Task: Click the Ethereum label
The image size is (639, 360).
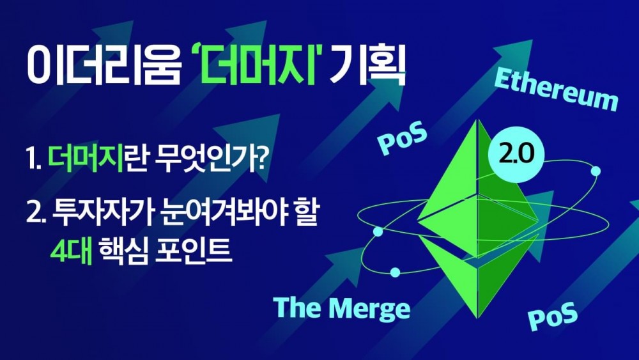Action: tap(557, 90)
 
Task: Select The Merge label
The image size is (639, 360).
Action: tap(341, 308)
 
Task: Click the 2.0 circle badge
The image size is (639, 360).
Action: tap(516, 153)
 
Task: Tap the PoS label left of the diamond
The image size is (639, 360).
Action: tap(402, 139)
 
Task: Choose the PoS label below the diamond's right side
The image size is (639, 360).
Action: tap(553, 316)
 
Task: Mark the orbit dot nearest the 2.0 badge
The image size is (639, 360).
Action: tap(596, 171)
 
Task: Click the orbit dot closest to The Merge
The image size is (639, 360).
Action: tap(395, 272)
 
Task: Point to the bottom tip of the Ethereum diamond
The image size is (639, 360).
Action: tap(477, 318)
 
